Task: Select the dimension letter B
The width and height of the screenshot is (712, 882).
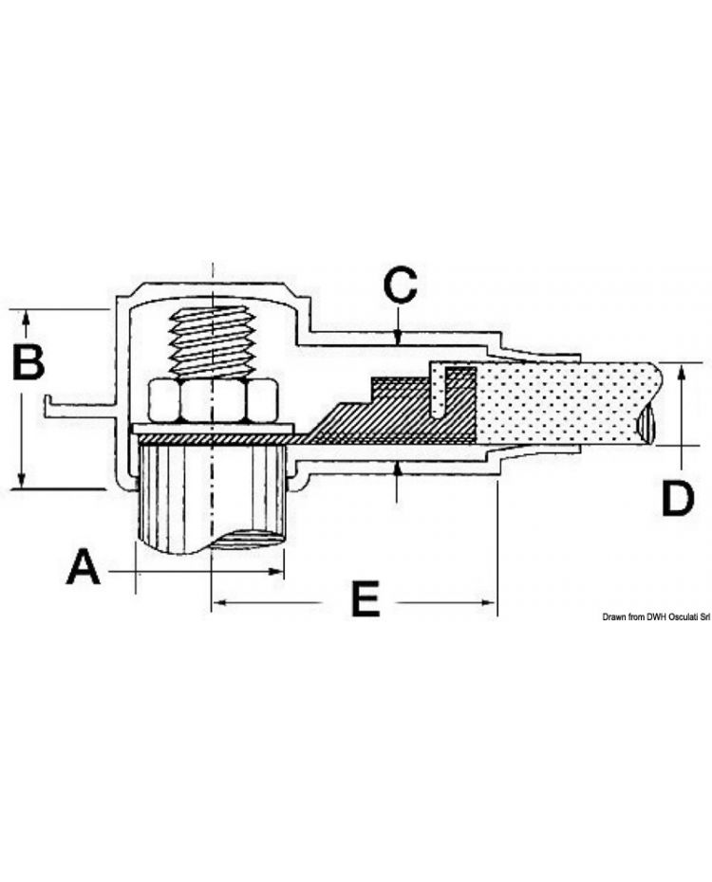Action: [x=28, y=360]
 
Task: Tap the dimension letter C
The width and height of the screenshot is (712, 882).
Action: [x=400, y=285]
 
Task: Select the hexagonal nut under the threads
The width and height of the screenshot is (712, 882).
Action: [x=214, y=399]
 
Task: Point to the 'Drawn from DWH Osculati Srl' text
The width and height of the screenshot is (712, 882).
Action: [x=656, y=617]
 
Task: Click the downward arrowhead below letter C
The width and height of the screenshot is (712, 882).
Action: [x=400, y=336]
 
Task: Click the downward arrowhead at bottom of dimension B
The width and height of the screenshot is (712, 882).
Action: [x=22, y=482]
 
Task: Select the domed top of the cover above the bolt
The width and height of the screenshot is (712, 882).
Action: [x=214, y=289]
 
